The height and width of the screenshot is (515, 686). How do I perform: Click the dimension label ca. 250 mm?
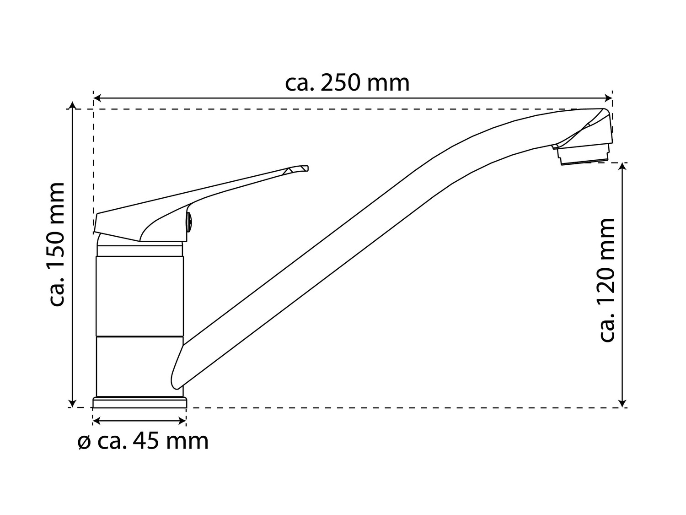click(347, 83)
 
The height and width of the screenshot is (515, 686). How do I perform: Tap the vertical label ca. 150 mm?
click(57, 244)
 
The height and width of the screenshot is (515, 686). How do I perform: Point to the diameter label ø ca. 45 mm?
click(143, 441)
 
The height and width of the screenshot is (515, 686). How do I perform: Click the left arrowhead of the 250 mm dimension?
click(97, 98)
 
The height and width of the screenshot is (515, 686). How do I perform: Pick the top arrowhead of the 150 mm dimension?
click(73, 105)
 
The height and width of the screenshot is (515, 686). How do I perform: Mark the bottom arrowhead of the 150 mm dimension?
click(73, 404)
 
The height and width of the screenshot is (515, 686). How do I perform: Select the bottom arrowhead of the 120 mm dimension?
click(623, 404)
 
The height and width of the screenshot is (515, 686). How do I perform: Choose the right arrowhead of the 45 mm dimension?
click(182, 421)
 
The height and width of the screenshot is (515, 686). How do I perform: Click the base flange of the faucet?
click(139, 402)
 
